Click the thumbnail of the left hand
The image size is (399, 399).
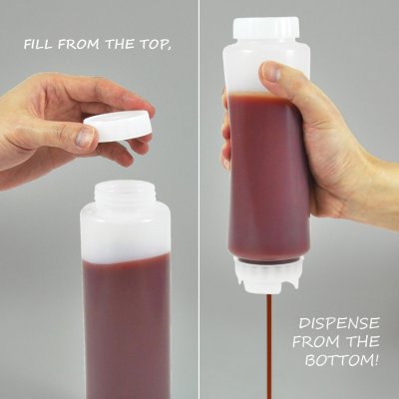click(x=84, y=137)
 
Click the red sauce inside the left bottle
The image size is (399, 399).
click(x=128, y=319)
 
